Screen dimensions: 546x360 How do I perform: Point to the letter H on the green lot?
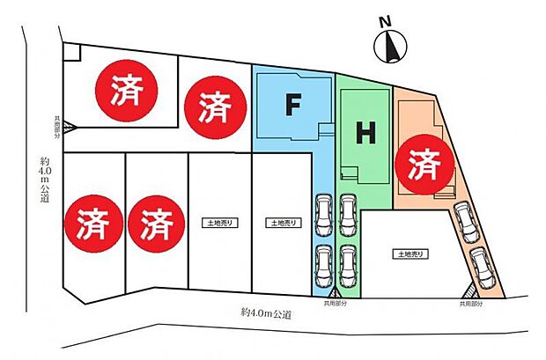click(365, 133)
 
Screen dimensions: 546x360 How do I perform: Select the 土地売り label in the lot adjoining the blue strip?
click(281, 224)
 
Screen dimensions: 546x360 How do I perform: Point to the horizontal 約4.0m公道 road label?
click(264, 312)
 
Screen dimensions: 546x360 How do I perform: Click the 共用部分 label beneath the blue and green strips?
click(336, 304)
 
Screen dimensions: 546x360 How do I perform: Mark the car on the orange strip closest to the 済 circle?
click(465, 222)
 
